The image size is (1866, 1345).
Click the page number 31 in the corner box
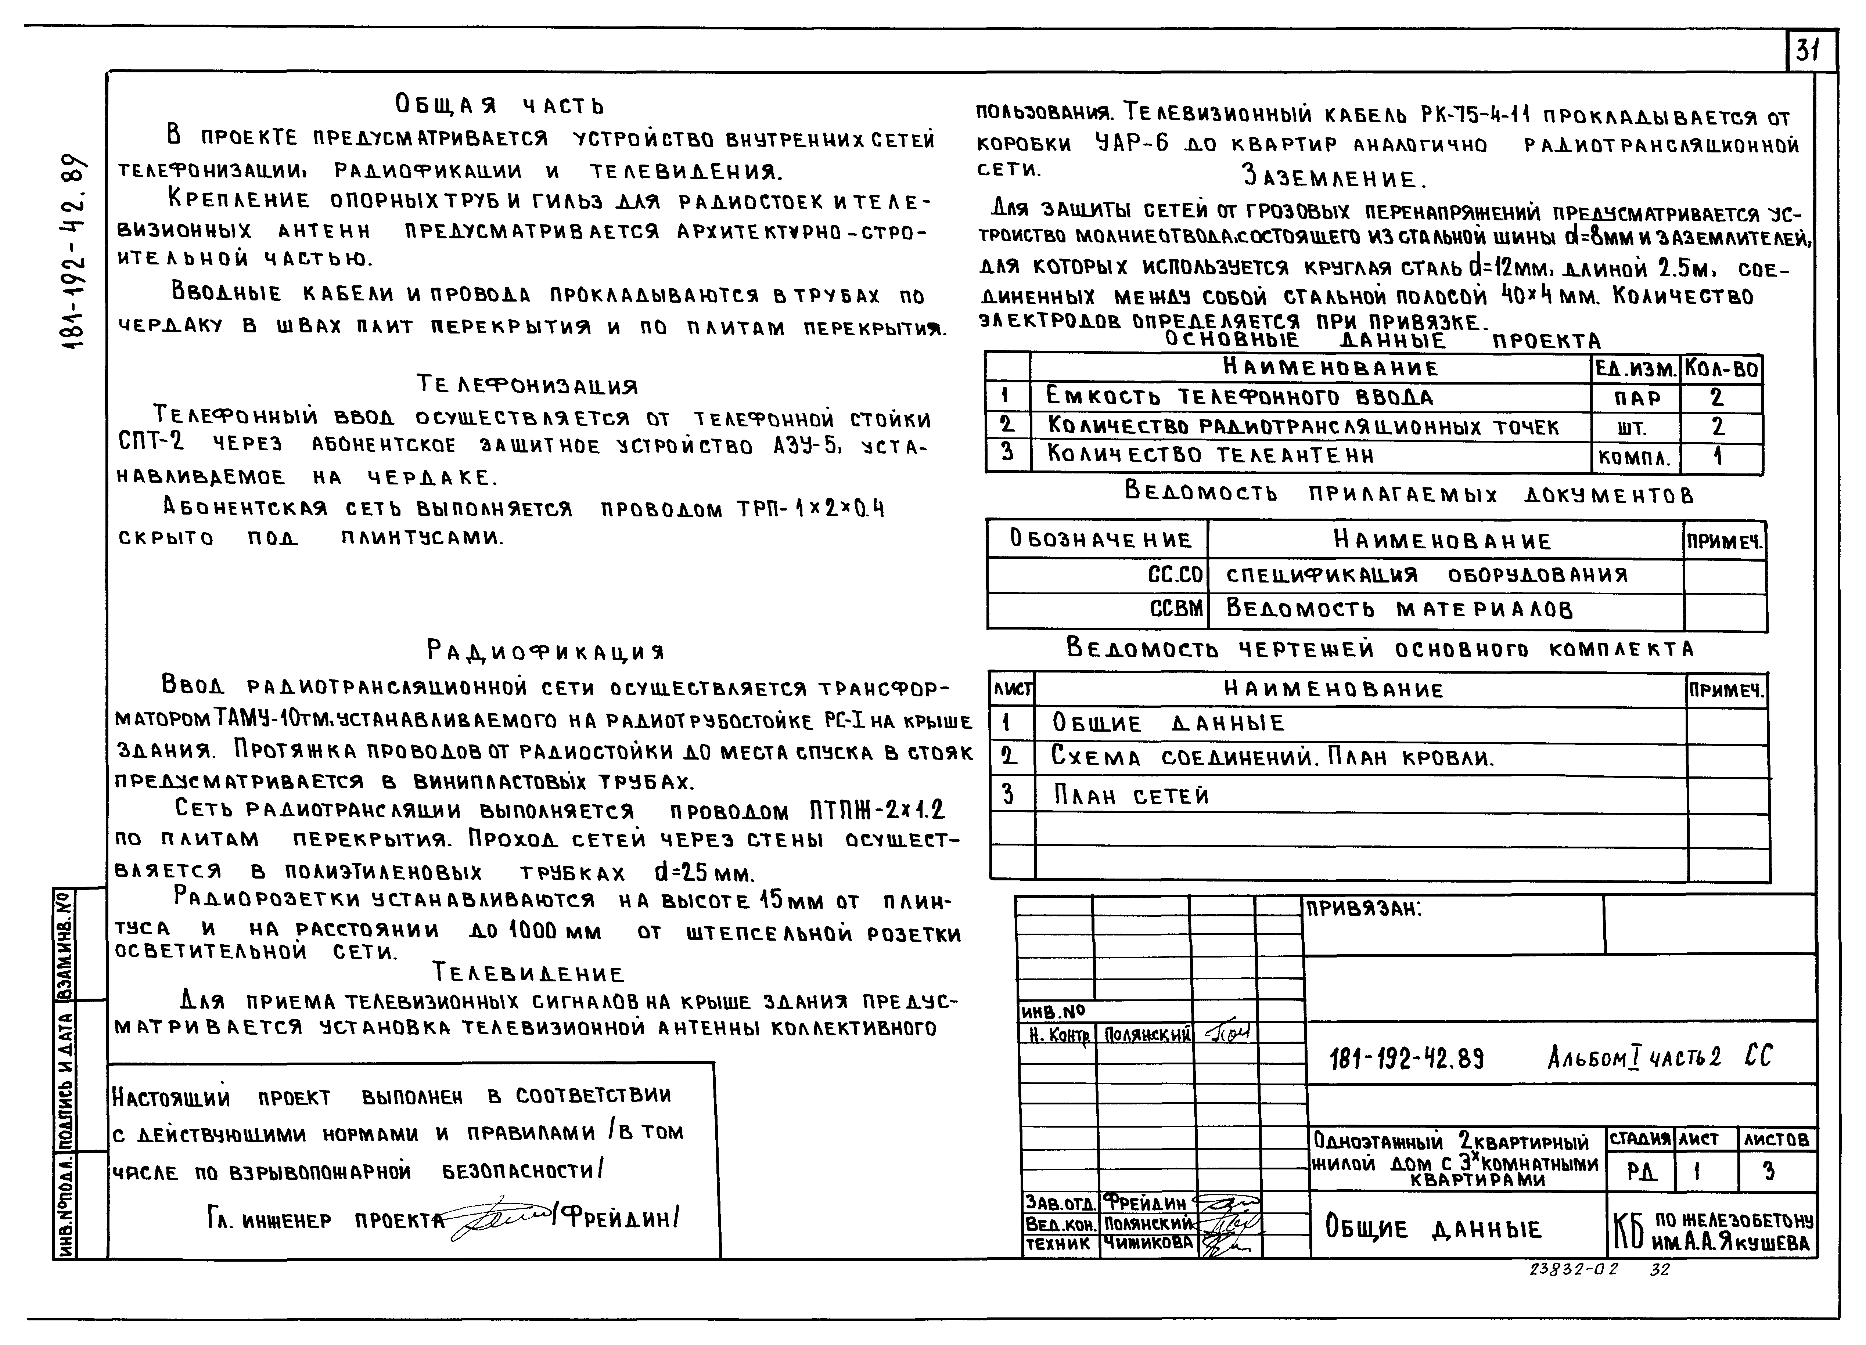[x=1808, y=51]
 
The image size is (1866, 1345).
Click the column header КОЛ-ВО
[x=1721, y=368]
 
